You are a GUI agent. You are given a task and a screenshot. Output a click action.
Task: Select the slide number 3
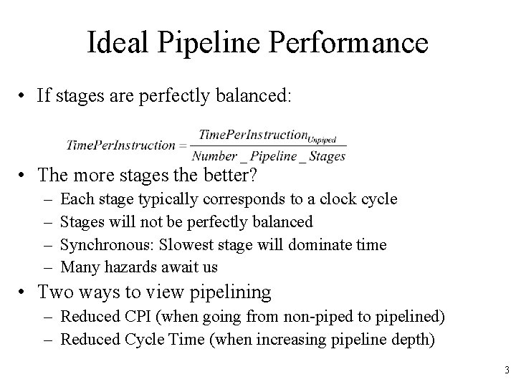(506, 371)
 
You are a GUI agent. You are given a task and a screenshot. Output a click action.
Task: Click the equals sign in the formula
(184, 145)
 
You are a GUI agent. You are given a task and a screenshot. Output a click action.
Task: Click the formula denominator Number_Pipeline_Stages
(269, 156)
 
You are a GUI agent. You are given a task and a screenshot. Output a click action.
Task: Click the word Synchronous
(101, 245)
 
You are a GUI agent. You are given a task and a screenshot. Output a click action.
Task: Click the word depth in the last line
(415, 338)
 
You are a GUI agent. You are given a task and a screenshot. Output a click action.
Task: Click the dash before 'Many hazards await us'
(47, 267)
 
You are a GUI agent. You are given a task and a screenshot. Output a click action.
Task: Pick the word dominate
(320, 245)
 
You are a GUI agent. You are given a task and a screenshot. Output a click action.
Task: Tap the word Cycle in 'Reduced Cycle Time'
(138, 338)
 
